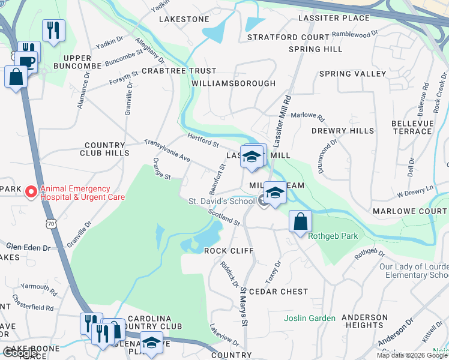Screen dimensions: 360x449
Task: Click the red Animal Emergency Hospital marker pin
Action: click(x=29, y=192)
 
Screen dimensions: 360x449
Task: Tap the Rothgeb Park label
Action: click(x=333, y=236)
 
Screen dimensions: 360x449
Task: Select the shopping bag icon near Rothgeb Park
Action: click(x=300, y=221)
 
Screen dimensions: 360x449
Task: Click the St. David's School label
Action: click(x=221, y=201)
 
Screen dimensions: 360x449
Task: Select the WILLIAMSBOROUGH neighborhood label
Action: click(x=234, y=83)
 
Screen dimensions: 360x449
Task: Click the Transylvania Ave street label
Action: click(x=166, y=151)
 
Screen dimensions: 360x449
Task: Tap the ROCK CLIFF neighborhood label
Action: click(x=229, y=250)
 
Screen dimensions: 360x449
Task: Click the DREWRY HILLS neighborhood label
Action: click(x=343, y=131)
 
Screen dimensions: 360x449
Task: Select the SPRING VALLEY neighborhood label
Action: click(x=352, y=74)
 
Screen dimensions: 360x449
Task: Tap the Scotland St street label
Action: click(x=224, y=217)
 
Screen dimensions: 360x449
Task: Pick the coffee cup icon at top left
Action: click(x=26, y=61)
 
